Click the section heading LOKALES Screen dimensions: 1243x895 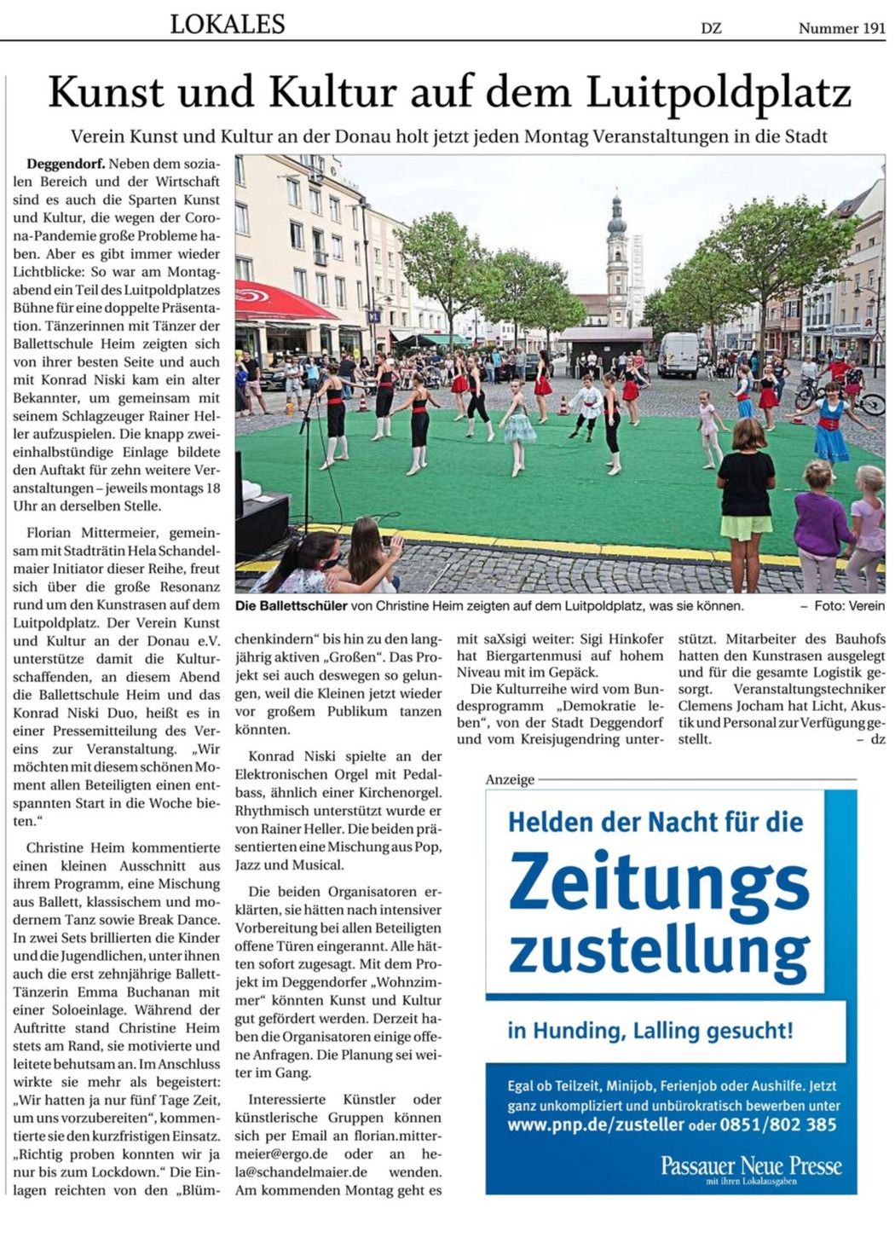click(x=227, y=25)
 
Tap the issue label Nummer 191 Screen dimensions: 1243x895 click(x=841, y=28)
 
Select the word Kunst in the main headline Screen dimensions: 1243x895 click(x=109, y=93)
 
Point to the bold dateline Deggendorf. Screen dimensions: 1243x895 click(x=66, y=163)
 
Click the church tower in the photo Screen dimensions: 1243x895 click(x=616, y=256)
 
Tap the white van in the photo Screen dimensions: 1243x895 click(x=678, y=354)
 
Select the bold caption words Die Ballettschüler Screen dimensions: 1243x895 click(x=292, y=605)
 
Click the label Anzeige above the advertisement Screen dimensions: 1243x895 click(x=510, y=779)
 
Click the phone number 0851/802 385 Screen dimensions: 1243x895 click(x=778, y=1124)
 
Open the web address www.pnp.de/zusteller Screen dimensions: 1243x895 click(x=595, y=1124)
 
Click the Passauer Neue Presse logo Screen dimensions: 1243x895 click(x=751, y=1166)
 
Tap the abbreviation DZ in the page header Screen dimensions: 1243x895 click(x=711, y=28)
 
